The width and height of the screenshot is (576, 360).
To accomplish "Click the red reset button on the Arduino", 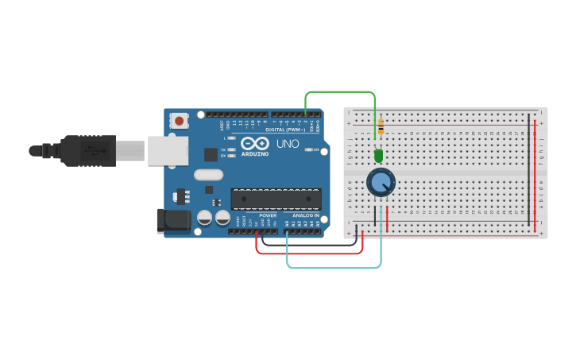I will (180, 122).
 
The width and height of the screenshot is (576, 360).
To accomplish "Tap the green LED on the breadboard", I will (378, 156).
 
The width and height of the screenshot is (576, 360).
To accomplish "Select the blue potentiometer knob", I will (381, 184).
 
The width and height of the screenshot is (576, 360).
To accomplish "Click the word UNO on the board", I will (287, 144).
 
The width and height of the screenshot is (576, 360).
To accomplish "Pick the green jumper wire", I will (340, 92).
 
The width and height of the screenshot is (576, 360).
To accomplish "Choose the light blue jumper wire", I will (334, 268).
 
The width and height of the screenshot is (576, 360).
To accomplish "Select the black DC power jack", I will (173, 221).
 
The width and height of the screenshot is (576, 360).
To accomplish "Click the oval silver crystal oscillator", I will (207, 175).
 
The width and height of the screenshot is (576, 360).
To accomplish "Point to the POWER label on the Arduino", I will (268, 215).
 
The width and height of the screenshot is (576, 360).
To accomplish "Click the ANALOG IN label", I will (305, 215).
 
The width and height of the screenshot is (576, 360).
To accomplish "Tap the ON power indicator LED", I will (310, 149).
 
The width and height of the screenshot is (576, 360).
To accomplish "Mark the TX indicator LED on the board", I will (231, 149).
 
